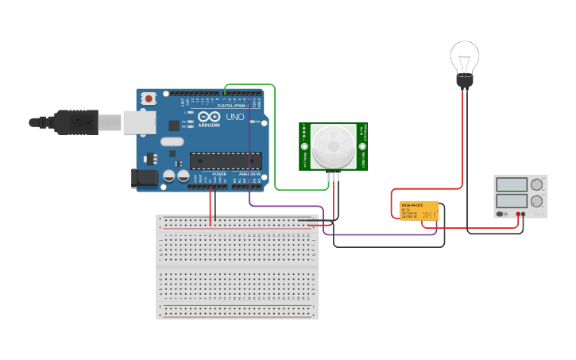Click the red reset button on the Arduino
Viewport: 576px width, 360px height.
(x=149, y=99)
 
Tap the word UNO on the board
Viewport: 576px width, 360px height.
(x=235, y=117)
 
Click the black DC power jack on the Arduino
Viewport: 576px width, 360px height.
(x=141, y=178)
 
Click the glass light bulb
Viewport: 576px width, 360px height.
(x=465, y=57)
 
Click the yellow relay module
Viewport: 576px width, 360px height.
(x=419, y=211)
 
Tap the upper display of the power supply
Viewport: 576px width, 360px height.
(x=512, y=184)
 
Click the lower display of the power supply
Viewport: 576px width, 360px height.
(x=512, y=201)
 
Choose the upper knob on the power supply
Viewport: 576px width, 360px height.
(x=537, y=185)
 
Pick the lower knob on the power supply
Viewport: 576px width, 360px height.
(x=537, y=201)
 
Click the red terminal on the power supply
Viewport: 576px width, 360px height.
(x=517, y=214)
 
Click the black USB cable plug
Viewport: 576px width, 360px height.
(x=72, y=122)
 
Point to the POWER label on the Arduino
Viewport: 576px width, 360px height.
(x=219, y=173)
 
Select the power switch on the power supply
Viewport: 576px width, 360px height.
(x=501, y=214)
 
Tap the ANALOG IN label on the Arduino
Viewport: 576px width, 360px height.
(x=249, y=173)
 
